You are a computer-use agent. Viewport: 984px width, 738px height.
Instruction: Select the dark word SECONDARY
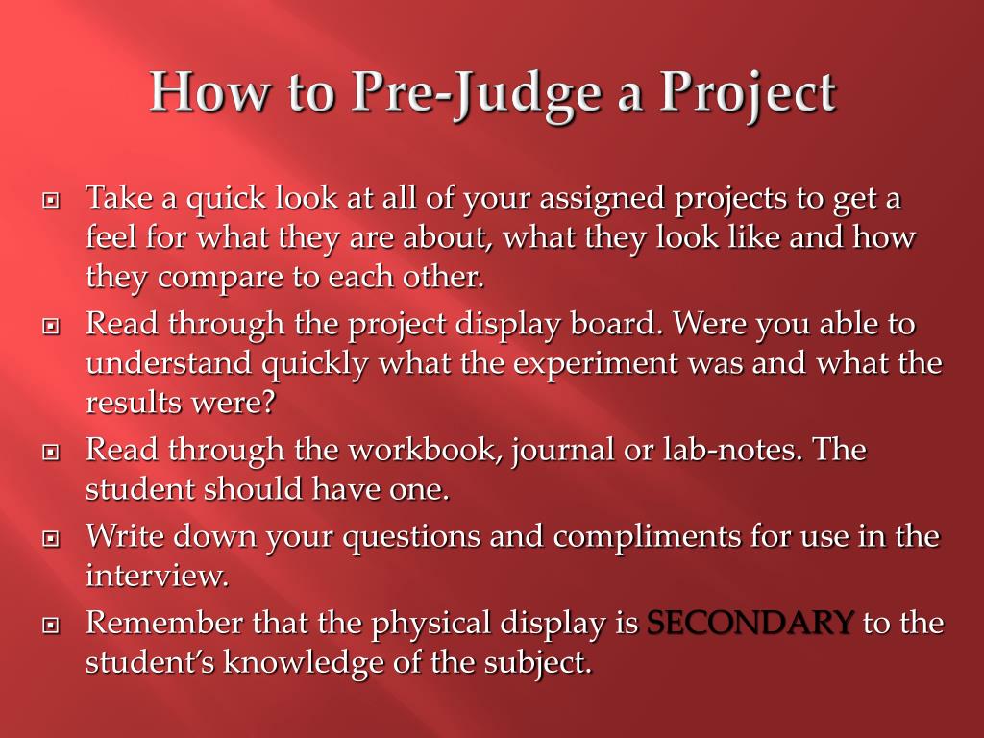(x=750, y=624)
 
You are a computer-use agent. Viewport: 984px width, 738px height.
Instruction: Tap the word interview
(x=156, y=576)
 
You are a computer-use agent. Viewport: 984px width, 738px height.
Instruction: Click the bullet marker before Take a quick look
(x=52, y=202)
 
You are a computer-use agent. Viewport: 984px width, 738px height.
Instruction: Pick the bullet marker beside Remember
(x=52, y=626)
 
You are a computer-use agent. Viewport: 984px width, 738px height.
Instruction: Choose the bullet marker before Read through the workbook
(x=52, y=452)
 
